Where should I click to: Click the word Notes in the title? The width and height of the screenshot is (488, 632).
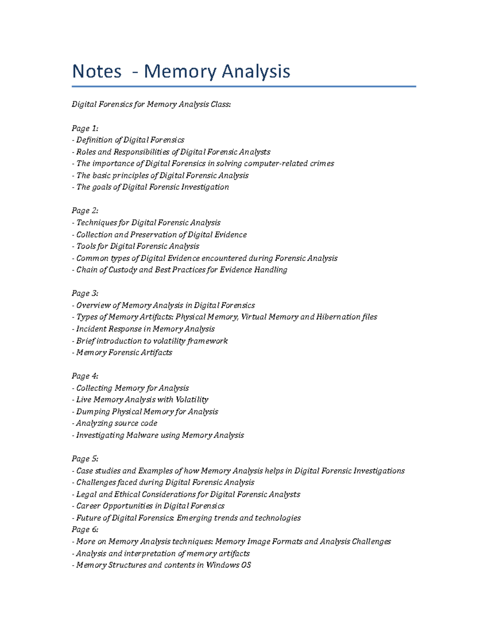(97, 72)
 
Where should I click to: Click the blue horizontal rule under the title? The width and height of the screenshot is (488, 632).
(244, 86)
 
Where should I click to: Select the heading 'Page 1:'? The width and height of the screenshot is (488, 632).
(85, 129)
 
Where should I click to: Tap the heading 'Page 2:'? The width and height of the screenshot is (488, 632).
(85, 211)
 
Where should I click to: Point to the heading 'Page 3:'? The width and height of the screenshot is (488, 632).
(85, 293)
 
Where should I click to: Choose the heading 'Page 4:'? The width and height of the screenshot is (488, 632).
(85, 376)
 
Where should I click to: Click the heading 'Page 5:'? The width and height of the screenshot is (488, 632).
(85, 459)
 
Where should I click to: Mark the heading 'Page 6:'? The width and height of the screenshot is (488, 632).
(85, 529)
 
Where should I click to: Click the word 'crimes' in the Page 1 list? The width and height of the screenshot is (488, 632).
(322, 164)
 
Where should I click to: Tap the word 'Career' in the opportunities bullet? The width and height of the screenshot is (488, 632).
(88, 506)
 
